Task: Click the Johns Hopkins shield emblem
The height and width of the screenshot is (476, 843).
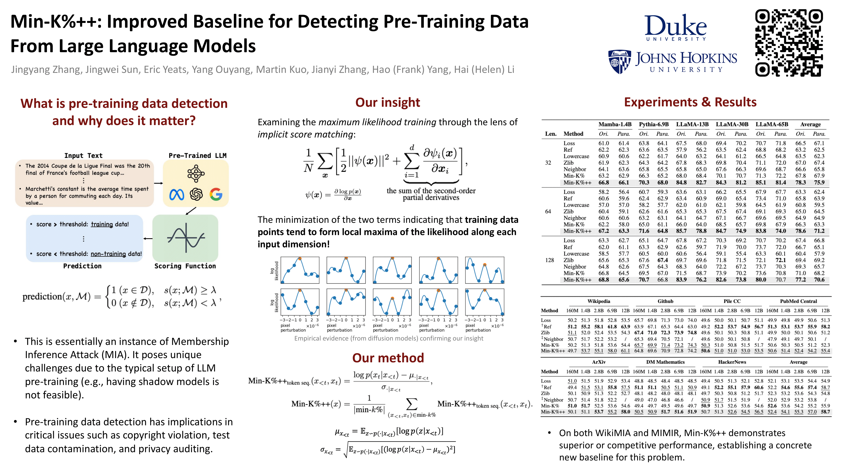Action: [619, 62]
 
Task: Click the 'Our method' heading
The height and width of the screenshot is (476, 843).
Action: [388, 358]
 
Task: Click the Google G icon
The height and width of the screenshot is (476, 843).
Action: [216, 194]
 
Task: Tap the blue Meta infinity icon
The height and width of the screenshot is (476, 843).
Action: [177, 195]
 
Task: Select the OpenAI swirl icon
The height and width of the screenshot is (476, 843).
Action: [196, 194]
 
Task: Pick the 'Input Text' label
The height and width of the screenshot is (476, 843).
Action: [83, 156]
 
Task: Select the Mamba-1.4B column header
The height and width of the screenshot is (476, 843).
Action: [615, 124]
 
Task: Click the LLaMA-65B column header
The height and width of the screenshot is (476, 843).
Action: [772, 124]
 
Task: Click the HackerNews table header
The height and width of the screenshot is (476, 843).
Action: [732, 362]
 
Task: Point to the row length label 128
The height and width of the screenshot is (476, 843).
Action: [549, 260]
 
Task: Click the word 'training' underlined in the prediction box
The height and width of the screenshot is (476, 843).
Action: [102, 224]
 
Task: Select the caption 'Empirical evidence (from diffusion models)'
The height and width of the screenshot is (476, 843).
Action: [389, 338]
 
